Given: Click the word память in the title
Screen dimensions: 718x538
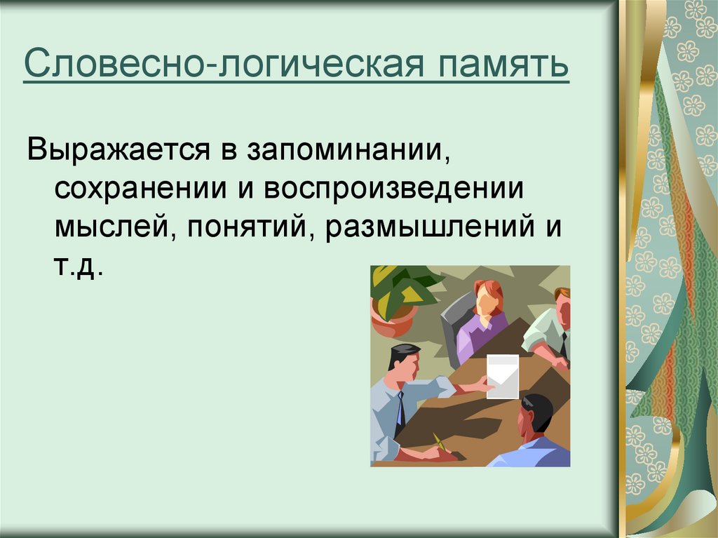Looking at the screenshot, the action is coord(503,64).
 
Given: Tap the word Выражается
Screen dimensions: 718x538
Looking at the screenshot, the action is coord(118,150).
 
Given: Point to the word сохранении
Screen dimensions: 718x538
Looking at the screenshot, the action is coord(140,188).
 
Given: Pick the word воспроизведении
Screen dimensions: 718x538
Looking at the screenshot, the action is coord(394,188).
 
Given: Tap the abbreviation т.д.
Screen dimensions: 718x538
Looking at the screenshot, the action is coord(77,266).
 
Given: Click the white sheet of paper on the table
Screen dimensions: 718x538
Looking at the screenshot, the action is coord(502,376).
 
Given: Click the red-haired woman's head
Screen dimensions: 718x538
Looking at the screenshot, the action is coord(488,297).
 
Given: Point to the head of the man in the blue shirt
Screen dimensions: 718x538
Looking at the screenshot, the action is coord(536,417).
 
